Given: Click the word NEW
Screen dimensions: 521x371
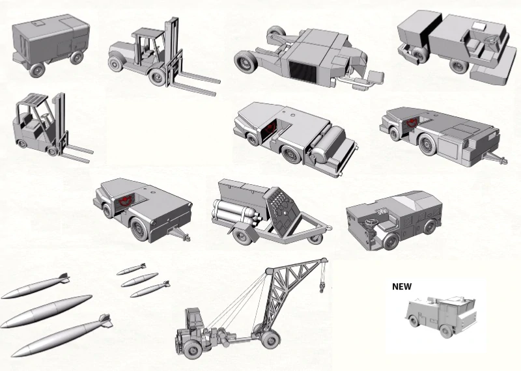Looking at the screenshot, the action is (402, 286).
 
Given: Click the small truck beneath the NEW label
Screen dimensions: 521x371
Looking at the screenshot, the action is (440, 316).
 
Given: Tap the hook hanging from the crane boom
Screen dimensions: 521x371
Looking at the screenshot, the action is (322, 286).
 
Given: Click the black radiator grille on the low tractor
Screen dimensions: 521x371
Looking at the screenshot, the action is (303, 72).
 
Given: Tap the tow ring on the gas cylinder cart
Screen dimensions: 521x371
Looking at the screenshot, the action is (329, 228).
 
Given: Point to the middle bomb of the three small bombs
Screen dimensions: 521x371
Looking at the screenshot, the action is (139, 280).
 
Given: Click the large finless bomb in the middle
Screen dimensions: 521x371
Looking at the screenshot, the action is (46, 311).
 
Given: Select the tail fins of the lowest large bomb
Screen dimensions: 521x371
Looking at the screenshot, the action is (106, 320).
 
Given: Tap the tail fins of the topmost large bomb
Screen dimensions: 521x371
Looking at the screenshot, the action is (64, 278).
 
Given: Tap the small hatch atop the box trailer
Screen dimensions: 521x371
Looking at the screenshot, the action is (37, 23).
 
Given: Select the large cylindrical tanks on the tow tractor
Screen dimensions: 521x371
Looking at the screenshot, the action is (324, 143).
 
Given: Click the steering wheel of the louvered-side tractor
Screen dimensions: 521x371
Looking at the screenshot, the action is (369, 222).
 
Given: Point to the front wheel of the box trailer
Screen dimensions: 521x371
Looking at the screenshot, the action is (37, 70).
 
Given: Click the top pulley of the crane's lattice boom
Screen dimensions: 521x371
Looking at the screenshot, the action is (323, 261).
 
